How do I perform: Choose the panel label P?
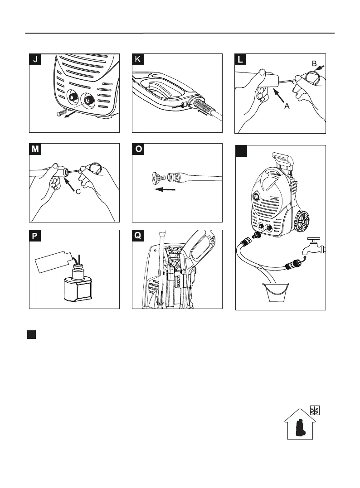pos(36,237)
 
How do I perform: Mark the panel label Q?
pos(138,237)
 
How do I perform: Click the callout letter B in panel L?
pos(314,64)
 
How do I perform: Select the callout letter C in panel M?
pos(78,192)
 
